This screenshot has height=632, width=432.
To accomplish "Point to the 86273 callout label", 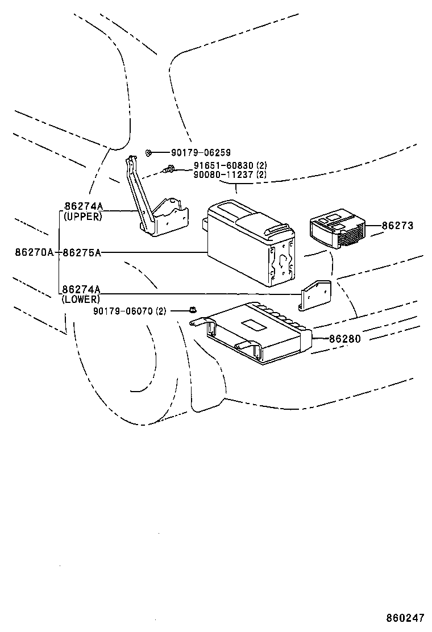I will (397, 226).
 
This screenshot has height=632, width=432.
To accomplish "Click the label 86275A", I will (82, 252).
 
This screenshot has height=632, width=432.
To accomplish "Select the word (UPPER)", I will (83, 217).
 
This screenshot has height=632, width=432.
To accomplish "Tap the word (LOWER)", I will (81, 299).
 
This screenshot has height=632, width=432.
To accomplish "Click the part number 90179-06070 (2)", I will (130, 311).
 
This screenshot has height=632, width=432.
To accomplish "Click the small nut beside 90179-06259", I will (148, 152).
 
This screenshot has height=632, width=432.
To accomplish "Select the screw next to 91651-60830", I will (168, 168).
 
